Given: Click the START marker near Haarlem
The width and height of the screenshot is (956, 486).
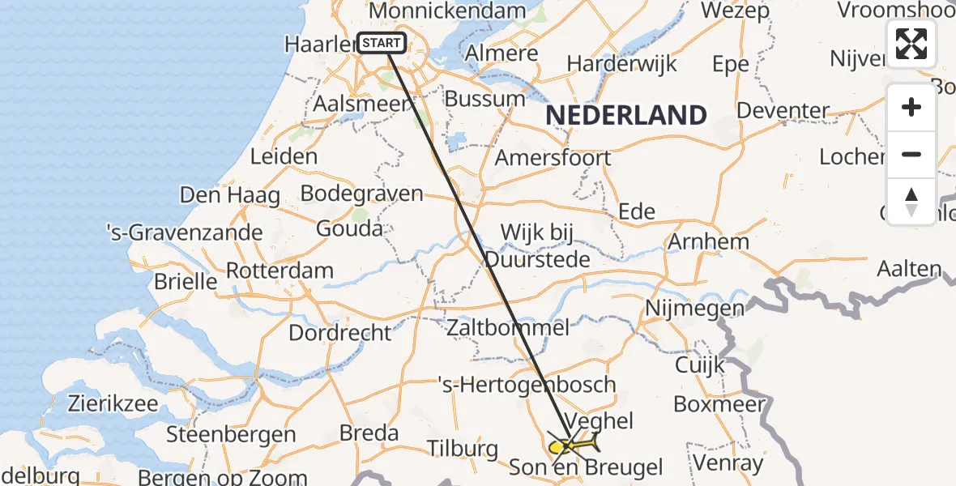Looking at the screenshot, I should point(381,44).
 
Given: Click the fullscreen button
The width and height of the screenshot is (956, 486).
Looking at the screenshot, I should point(911,44).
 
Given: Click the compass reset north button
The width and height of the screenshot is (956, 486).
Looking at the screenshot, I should point(911,201).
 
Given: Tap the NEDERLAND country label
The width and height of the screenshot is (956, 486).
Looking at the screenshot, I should point(626,115).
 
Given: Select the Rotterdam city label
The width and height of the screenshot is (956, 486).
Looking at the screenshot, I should point(280,271).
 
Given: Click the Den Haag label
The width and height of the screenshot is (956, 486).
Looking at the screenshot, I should point(230,195).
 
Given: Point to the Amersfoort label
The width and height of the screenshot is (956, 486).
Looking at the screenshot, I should point(553,157).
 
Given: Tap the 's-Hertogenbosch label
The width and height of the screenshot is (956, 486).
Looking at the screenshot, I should point(527,384).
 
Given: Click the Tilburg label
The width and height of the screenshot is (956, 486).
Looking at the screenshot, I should point(463,448).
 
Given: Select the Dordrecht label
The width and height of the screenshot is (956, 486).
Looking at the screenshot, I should point(340,332).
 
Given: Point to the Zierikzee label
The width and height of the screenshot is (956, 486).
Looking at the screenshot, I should point(113,403).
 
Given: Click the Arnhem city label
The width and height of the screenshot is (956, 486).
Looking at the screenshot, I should point(697,241).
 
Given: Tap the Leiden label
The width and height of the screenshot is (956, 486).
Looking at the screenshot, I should point(284,156).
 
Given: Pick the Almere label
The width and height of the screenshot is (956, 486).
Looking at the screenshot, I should point(502,53).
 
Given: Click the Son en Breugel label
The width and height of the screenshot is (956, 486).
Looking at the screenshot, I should point(586,467).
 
